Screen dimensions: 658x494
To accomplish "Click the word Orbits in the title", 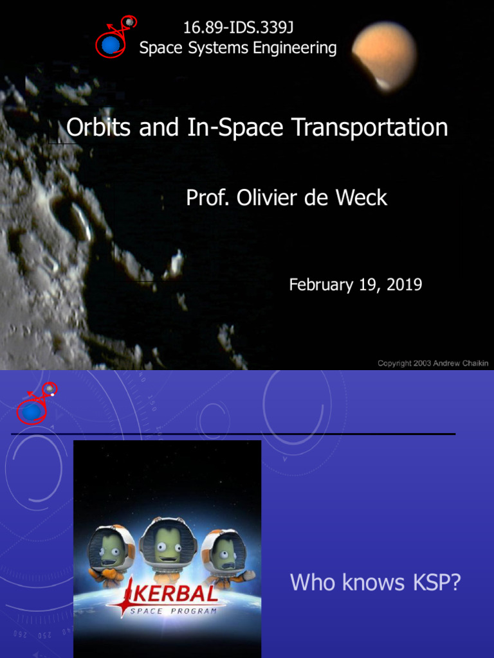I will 96,127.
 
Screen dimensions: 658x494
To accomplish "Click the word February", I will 321,285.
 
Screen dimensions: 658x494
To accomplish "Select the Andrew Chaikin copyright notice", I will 433,363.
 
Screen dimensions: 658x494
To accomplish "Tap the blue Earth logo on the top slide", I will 111,44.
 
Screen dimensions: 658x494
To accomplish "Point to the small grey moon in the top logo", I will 129,22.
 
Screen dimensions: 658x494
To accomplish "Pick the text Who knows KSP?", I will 375,583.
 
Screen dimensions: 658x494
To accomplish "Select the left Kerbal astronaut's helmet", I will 111,548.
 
